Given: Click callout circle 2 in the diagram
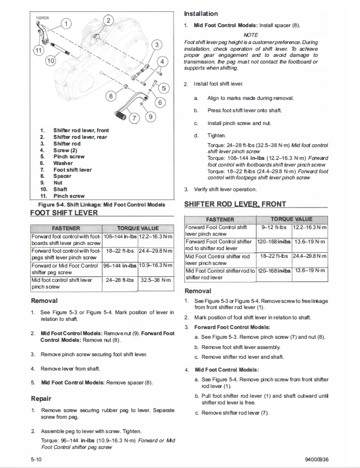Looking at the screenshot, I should pyautogui.click(x=109, y=21).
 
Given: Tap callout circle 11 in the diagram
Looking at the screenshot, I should pyautogui.click(x=38, y=50).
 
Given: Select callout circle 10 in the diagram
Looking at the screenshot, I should pyautogui.click(x=50, y=61).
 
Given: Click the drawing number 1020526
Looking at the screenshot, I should pyautogui.click(x=43, y=18).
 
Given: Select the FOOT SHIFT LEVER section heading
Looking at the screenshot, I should pyautogui.click(x=64, y=213).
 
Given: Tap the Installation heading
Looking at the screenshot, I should pyautogui.click(x=201, y=14).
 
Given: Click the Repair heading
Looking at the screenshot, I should pyautogui.click(x=41, y=398).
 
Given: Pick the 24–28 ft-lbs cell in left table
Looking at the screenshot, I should pyautogui.click(x=120, y=280).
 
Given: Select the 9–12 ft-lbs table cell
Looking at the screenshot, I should pyautogui.click(x=273, y=227).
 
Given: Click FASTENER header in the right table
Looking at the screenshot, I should pyautogui.click(x=220, y=219).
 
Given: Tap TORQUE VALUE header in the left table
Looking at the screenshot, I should pyautogui.click(x=138, y=228).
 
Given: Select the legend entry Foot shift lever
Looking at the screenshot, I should pyautogui.click(x=73, y=170).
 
